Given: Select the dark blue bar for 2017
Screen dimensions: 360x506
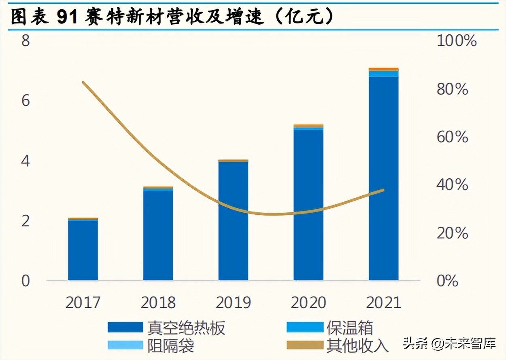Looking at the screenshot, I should point(83,250).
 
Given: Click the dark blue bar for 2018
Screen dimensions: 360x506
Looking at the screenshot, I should point(158,235).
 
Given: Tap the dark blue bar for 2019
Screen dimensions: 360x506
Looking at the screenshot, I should point(233,221).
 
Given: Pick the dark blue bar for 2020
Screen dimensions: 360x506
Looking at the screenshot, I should point(308,205).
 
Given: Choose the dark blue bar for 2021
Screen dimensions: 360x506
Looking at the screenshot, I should point(383,178).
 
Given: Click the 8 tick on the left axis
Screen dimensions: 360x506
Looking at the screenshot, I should point(26,41).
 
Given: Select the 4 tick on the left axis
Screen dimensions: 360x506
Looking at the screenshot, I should point(26,161).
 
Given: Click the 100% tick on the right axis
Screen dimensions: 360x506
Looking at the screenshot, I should point(457,41).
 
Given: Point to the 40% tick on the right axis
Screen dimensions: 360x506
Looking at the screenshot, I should point(452,185).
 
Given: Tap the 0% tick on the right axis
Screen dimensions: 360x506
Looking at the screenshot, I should point(447,281).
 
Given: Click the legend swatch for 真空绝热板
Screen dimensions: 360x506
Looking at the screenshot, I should point(125,327).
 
